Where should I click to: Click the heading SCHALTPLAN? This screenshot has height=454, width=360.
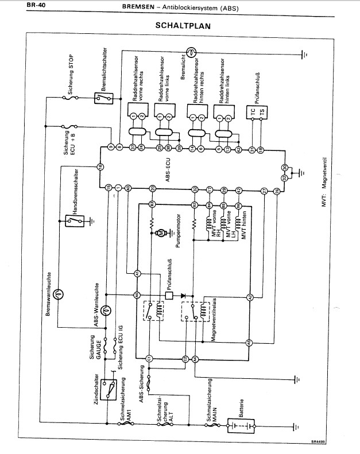(x=183, y=26)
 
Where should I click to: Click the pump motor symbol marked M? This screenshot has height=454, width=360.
(x=161, y=232)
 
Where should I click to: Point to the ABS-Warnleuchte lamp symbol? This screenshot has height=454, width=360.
(x=105, y=310)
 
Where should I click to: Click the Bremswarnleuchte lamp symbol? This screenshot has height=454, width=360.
(x=59, y=293)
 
